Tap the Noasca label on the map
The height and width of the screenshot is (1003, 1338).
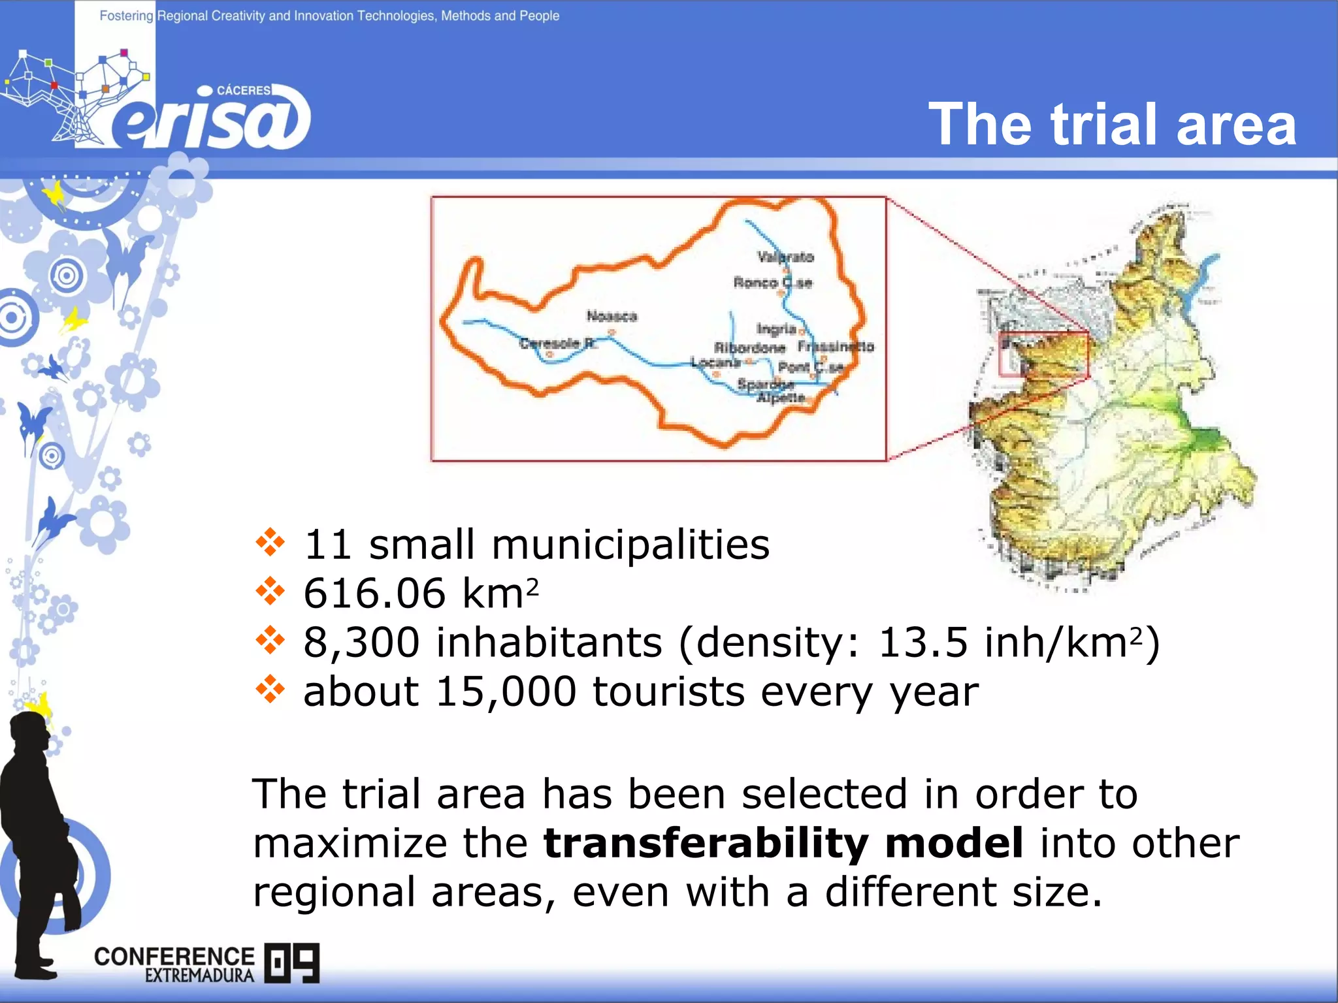coord(612,317)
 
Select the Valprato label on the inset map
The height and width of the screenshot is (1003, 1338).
coord(786,257)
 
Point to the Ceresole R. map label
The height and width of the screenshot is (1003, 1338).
coord(558,343)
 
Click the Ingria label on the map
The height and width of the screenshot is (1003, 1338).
coord(776,328)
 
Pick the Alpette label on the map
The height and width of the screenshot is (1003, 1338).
coord(781,397)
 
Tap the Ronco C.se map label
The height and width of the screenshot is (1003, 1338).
coord(773,283)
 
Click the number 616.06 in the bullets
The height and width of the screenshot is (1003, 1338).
coord(374,593)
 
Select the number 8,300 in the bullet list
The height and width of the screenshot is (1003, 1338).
coord(361,643)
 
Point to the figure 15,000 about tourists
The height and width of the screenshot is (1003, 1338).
coord(506,692)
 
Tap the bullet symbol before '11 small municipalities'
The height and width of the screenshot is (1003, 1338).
coord(270,543)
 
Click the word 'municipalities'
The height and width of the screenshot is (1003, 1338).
coord(630,544)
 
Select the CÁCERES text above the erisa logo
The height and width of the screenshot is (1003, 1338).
coord(243,90)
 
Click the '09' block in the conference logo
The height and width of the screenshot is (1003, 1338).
coord(292,963)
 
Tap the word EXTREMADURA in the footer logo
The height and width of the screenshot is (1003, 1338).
coord(199,976)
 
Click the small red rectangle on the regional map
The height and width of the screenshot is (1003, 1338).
coord(1043,355)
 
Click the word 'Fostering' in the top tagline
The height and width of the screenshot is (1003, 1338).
coord(126,16)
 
